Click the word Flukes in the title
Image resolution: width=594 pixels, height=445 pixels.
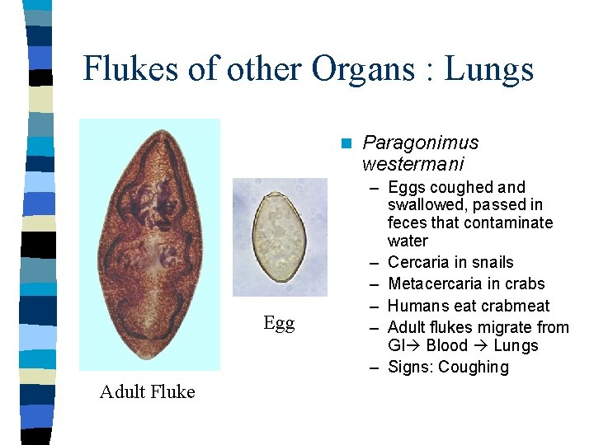point(131,69)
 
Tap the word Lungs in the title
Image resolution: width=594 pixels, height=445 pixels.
point(489,69)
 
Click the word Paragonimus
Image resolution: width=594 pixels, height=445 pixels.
point(420,143)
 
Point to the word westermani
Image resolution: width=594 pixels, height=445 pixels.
point(412,163)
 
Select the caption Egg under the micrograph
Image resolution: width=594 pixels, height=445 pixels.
point(279,324)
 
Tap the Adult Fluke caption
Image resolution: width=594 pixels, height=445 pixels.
point(147,392)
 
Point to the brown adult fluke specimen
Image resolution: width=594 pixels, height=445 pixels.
point(150,244)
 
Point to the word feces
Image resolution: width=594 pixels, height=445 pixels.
point(408,223)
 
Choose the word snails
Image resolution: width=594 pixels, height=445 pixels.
point(492,263)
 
